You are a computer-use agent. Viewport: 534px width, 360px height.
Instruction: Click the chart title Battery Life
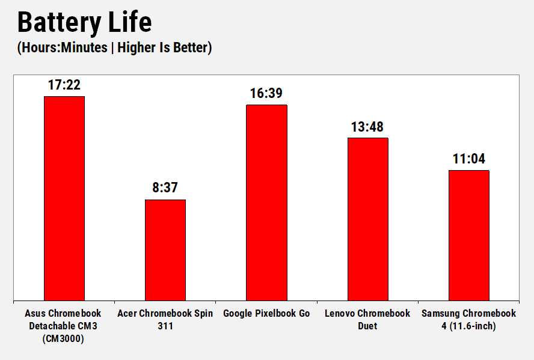pyautogui.click(x=84, y=23)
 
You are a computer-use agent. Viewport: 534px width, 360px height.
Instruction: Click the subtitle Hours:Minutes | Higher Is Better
pyautogui.click(x=114, y=48)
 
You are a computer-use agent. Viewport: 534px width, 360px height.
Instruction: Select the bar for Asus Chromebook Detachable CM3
pyautogui.click(x=64, y=198)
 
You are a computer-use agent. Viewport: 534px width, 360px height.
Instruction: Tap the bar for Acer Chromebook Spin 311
pyautogui.click(x=165, y=250)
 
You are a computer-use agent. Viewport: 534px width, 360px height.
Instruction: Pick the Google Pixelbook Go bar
pyautogui.click(x=266, y=203)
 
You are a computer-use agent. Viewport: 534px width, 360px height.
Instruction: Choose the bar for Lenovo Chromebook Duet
pyautogui.click(x=367, y=219)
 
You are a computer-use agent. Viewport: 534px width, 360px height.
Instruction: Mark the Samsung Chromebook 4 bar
pyautogui.click(x=468, y=235)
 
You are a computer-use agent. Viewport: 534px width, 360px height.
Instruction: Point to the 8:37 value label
pyautogui.click(x=165, y=188)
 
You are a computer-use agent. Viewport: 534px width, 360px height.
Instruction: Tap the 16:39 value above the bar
pyautogui.click(x=266, y=94)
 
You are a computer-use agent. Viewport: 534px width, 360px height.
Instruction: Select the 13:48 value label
pyautogui.click(x=367, y=127)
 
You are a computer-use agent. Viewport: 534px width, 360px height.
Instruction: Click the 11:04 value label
pyautogui.click(x=468, y=159)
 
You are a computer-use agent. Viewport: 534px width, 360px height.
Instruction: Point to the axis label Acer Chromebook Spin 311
pyautogui.click(x=165, y=320)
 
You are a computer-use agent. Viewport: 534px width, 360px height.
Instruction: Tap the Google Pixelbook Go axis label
pyautogui.click(x=266, y=314)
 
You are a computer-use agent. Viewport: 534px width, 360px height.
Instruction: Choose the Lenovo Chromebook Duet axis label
pyautogui.click(x=367, y=320)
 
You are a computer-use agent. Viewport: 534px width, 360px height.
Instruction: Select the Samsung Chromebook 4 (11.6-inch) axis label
pyautogui.click(x=468, y=320)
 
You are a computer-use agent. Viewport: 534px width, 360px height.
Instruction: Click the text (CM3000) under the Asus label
pyautogui.click(x=63, y=338)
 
